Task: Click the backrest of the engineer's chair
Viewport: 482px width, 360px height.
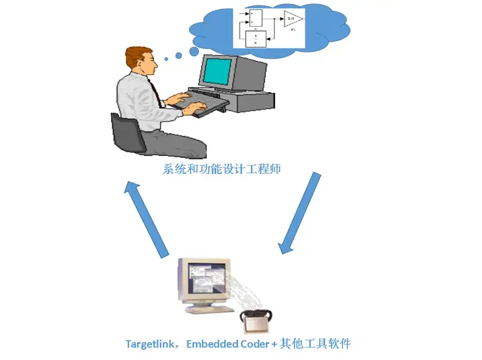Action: (125, 132)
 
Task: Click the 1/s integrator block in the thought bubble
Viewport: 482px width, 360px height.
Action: (255, 38)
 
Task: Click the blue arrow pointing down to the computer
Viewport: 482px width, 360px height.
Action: (301, 213)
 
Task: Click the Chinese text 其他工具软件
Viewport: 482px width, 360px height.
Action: (317, 344)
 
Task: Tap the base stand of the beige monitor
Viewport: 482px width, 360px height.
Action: (204, 310)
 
